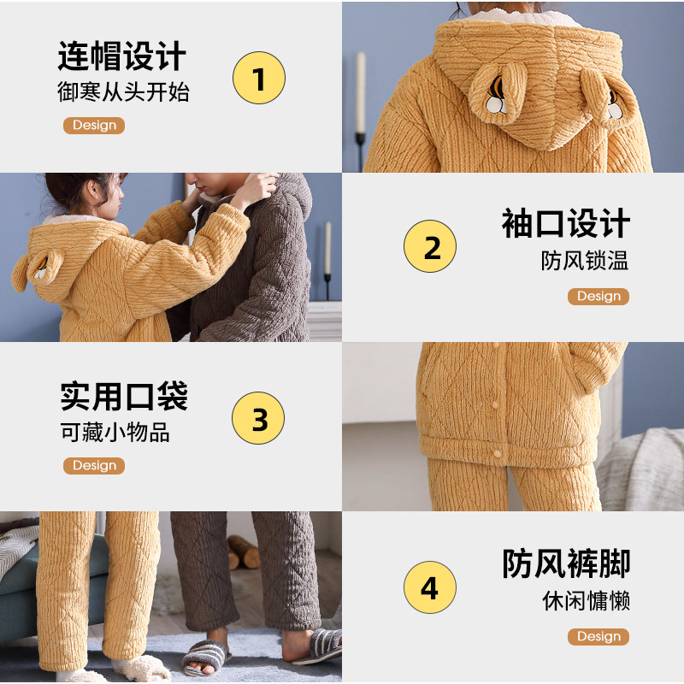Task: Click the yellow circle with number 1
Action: tap(259, 78)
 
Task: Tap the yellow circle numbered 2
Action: tap(430, 247)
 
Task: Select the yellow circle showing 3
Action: tap(258, 419)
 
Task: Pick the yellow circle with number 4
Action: tap(429, 588)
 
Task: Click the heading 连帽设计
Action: tap(122, 56)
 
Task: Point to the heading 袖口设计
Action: tap(566, 224)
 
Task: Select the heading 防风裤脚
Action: tap(566, 564)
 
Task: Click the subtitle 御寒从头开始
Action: tap(123, 92)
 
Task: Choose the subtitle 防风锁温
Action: tap(585, 260)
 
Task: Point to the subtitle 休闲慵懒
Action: tap(586, 600)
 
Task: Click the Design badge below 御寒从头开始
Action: tap(94, 126)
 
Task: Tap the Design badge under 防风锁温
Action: tap(598, 297)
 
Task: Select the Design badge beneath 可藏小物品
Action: tap(94, 466)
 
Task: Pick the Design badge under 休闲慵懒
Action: tap(598, 637)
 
